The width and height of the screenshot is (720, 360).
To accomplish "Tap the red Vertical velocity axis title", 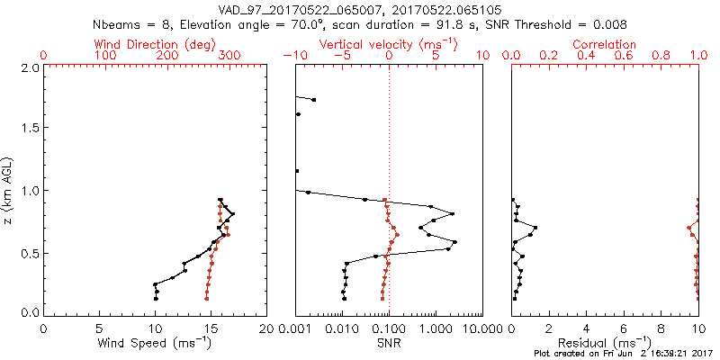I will point(389,44).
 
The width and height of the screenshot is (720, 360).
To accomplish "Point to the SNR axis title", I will point(389,343).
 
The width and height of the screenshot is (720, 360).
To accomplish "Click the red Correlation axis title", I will point(605,44).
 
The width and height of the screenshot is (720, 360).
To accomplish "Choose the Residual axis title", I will point(605,343).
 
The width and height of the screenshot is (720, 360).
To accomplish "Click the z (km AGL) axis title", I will point(8,190).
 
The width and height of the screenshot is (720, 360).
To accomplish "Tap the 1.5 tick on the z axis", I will point(28,129).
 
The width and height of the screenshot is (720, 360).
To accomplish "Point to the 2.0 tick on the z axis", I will point(28,67).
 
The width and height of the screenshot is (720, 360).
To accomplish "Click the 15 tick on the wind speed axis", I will point(211,328).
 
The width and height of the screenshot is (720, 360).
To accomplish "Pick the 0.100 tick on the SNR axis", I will point(389,328).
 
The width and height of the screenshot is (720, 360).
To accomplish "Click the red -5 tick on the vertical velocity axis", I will point(341,56).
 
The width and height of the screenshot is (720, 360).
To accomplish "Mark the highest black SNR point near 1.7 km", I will point(313,100).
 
